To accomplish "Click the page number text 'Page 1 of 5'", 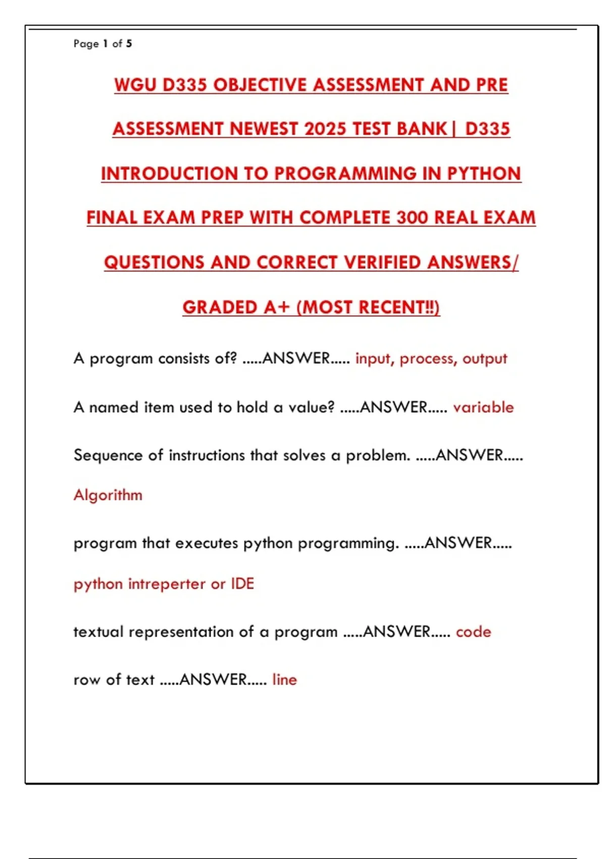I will (x=103, y=44).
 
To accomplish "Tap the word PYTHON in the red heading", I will (x=484, y=174).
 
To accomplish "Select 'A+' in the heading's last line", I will (x=276, y=307).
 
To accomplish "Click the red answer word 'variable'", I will (x=483, y=407).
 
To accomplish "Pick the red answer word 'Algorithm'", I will (x=108, y=495).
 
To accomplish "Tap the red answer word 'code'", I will (x=473, y=632).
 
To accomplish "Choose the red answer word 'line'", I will (x=284, y=680).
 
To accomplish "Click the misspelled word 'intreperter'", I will (x=167, y=584).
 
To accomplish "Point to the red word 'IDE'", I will (x=242, y=584).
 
